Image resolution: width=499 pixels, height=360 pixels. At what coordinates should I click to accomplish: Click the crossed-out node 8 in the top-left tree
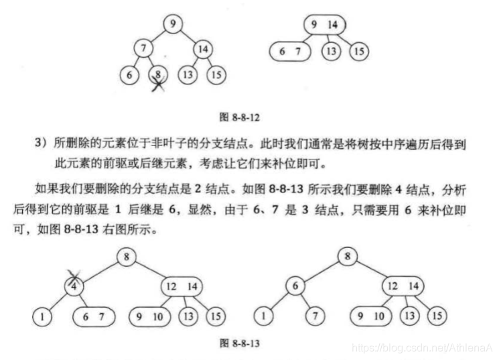157,74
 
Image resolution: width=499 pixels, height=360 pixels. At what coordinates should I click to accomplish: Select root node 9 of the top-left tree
173,24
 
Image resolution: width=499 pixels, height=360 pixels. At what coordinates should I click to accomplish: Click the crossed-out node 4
75,285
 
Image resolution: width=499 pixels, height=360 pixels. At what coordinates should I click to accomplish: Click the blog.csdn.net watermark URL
422,346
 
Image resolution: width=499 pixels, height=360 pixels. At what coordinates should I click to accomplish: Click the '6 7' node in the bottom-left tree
94,315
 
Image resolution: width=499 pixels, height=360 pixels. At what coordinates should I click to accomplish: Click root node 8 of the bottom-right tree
347,255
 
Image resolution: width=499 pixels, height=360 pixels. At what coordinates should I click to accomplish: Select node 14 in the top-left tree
203,48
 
